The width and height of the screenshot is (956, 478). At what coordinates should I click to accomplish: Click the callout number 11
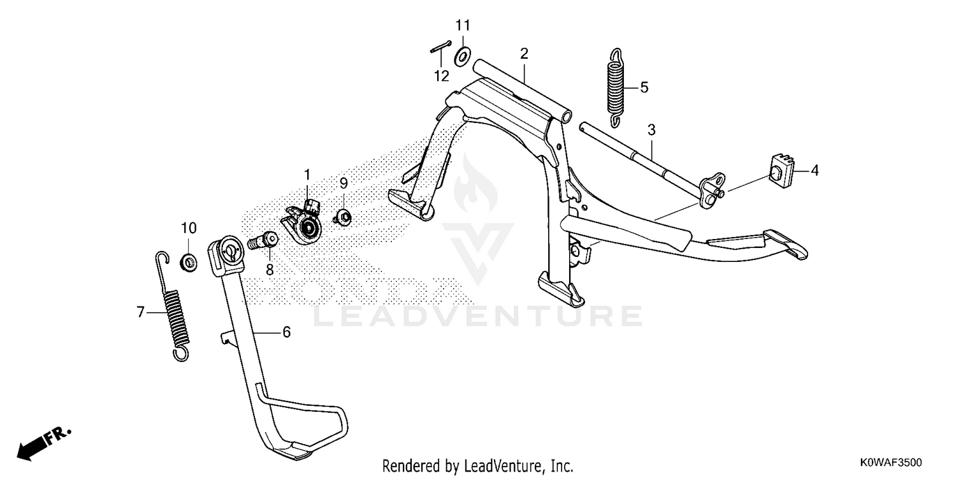(x=463, y=25)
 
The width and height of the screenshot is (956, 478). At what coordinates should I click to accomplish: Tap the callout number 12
(x=442, y=76)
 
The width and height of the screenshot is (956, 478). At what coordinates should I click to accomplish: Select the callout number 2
(x=524, y=54)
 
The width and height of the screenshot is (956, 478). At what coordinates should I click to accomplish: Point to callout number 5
(x=644, y=87)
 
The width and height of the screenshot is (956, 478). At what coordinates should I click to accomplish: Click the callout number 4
(x=815, y=171)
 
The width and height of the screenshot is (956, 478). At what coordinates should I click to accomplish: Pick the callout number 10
(x=189, y=228)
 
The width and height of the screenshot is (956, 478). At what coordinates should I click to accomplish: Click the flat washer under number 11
(x=462, y=57)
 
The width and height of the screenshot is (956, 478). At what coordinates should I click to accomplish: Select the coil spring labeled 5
(x=616, y=88)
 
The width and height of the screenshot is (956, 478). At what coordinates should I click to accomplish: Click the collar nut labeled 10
(x=188, y=262)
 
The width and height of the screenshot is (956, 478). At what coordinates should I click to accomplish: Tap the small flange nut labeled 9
(x=343, y=217)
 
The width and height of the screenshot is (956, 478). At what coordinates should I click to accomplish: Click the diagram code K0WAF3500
(x=890, y=463)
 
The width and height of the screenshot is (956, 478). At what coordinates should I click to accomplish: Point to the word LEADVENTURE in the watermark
(x=478, y=316)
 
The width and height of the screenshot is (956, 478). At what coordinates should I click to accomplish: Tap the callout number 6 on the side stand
(x=287, y=332)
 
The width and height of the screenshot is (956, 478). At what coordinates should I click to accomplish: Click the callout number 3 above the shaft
(x=651, y=130)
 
